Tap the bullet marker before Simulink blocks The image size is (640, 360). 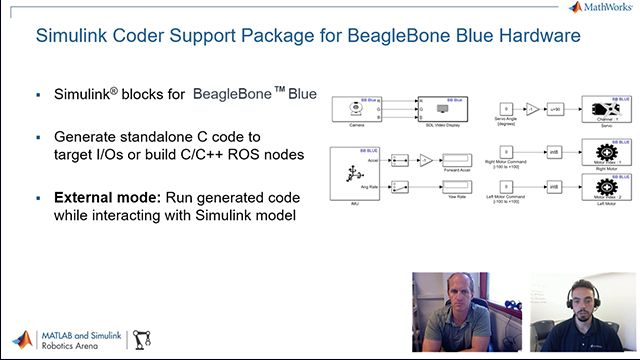click(x=38, y=96)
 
